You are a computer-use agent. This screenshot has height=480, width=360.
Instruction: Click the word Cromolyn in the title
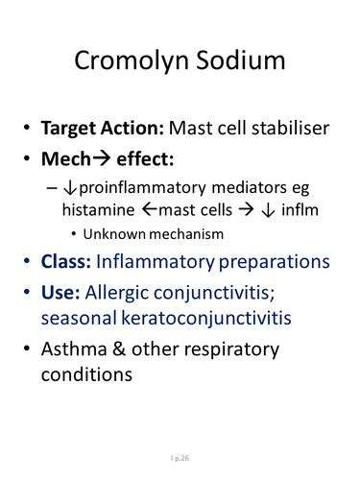click(132, 61)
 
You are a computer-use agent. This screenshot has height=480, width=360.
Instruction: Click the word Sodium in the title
click(241, 60)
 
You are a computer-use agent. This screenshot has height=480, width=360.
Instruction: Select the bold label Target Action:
click(103, 129)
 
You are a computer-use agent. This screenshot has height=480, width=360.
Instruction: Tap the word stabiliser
click(291, 128)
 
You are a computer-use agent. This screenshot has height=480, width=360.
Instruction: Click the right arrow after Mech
click(101, 158)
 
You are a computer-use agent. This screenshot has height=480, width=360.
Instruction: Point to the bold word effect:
click(145, 158)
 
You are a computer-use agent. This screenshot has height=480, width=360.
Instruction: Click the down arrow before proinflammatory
click(70, 188)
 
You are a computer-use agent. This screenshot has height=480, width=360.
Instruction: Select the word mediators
click(249, 187)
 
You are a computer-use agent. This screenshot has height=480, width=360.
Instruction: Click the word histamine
click(98, 210)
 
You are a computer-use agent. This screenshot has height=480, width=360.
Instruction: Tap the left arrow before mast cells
click(150, 210)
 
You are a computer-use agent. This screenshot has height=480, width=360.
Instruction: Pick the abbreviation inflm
click(300, 210)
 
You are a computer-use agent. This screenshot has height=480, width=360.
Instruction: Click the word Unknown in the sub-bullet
click(114, 234)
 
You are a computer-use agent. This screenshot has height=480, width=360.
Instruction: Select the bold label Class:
click(66, 261)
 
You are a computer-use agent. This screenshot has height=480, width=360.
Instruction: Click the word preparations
click(275, 262)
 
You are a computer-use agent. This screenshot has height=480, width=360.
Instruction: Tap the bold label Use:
click(60, 292)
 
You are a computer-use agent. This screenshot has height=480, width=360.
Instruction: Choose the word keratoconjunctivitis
click(206, 319)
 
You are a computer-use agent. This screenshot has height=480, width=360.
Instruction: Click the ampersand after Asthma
click(119, 348)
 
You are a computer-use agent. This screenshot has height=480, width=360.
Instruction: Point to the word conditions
click(86, 374)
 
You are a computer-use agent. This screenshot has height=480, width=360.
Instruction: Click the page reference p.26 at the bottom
click(182, 458)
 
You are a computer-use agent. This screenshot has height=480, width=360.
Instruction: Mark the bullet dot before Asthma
click(27, 348)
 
